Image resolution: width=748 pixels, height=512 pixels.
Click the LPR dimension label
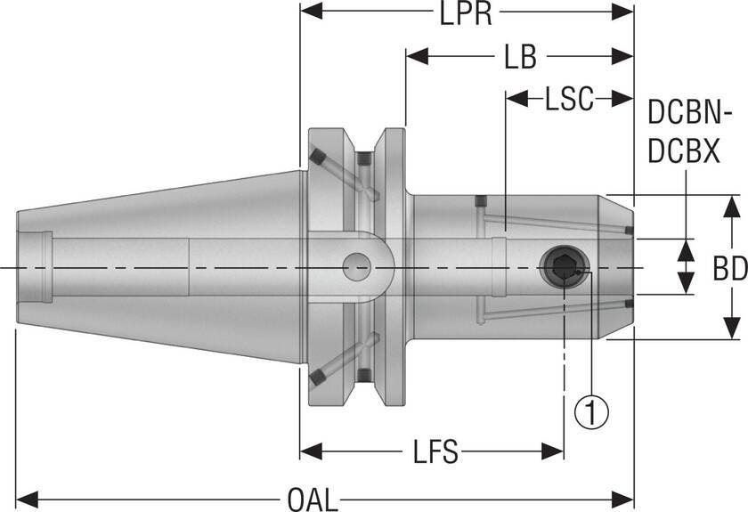(x=465, y=14)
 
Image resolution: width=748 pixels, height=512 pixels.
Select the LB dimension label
(x=520, y=57)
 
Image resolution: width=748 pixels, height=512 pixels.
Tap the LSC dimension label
(x=570, y=99)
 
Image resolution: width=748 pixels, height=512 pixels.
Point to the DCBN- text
(x=690, y=114)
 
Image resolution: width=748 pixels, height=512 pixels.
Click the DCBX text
(x=684, y=151)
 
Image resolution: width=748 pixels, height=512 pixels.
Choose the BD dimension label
(x=730, y=269)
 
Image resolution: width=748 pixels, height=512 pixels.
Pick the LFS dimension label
(x=435, y=451)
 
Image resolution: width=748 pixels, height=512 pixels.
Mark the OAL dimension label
(x=313, y=500)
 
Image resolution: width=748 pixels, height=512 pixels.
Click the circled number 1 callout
(x=591, y=411)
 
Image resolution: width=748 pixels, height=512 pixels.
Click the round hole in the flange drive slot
(x=356, y=267)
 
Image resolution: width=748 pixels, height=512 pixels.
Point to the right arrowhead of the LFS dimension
(x=552, y=451)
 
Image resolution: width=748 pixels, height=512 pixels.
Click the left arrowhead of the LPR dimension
(x=311, y=11)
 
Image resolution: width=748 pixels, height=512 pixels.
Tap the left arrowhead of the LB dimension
(x=418, y=56)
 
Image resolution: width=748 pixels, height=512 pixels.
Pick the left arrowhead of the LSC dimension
(x=517, y=98)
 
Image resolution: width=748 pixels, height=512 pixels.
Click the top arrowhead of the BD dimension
(x=731, y=207)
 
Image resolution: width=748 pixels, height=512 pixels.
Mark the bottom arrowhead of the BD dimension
(x=731, y=329)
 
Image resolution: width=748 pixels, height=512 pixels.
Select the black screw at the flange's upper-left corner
(x=317, y=157)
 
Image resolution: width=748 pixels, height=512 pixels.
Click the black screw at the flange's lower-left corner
(x=317, y=377)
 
